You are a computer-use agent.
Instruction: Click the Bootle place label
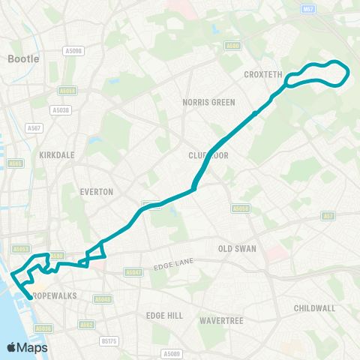tap(23, 58)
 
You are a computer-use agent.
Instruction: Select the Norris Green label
tap(208, 102)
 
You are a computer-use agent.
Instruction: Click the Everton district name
tap(96, 192)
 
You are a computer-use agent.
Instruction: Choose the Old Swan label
tap(236, 248)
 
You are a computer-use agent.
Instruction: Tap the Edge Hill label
tap(164, 316)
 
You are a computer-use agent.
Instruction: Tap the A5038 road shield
tap(61, 109)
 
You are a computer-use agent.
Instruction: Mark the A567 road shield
tap(34, 128)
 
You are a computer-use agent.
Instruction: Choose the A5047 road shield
tap(133, 272)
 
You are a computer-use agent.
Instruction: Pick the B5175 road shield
tap(108, 340)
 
